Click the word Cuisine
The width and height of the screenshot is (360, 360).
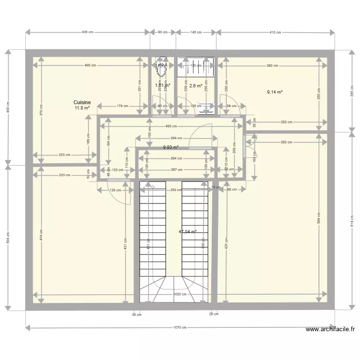click(x=82, y=102)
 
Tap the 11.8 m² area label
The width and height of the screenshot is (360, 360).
click(x=82, y=108)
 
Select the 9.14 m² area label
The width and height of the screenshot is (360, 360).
click(x=275, y=92)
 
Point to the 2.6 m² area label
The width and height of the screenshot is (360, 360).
click(x=195, y=86)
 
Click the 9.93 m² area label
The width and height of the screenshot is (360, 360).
click(x=170, y=147)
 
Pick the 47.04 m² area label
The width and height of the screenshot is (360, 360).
click(x=188, y=232)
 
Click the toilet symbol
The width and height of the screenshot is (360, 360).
click(x=161, y=69)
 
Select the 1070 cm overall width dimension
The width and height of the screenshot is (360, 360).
click(x=180, y=328)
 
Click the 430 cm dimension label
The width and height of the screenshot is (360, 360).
click(x=87, y=33)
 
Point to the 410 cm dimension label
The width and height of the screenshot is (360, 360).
click(x=275, y=33)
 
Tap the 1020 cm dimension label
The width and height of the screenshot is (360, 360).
click(x=180, y=295)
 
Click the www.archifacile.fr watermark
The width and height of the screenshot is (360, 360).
click(x=330, y=330)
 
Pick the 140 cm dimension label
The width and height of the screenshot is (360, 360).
click(x=195, y=33)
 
